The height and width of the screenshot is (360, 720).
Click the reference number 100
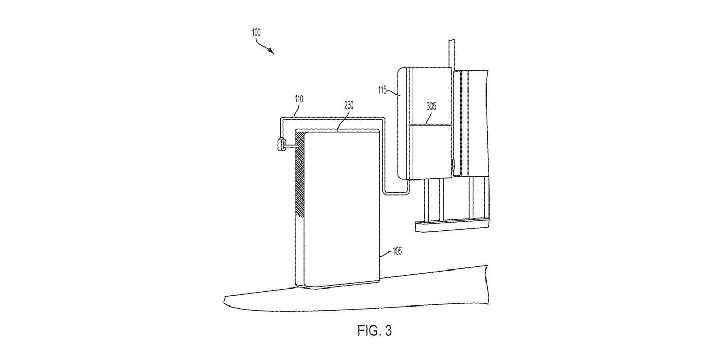click(x=256, y=32)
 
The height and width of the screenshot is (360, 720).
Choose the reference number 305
click(x=431, y=106)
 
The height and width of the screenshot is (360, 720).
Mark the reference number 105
click(x=397, y=251)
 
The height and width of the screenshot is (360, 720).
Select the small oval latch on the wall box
click(x=453, y=165)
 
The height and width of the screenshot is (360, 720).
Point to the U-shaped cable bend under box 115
click(x=396, y=192)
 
